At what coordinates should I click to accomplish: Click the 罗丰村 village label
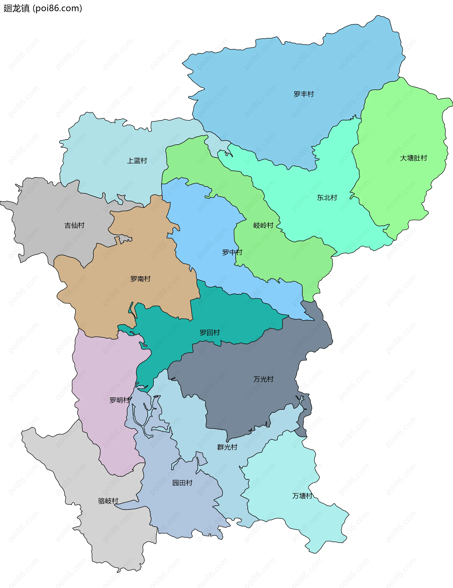tap(304, 94)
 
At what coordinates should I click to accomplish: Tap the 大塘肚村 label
tap(413, 158)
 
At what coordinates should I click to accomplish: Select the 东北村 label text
tap(327, 198)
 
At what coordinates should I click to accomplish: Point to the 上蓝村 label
tap(137, 161)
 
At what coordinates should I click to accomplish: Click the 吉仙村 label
tap(75, 225)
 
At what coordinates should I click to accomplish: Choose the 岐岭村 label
tap(263, 225)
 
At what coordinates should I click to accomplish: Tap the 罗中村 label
tap(232, 252)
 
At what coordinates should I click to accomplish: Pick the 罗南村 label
tap(140, 279)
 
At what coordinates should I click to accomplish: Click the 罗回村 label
tap(210, 332)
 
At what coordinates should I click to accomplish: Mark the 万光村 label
tap(263, 379)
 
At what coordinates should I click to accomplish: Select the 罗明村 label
tap(119, 400)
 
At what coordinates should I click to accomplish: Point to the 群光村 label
tap(227, 447)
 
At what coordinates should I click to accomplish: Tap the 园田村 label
tap(182, 483)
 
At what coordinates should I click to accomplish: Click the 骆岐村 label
tap(108, 501)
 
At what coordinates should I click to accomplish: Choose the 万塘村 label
tap(302, 496)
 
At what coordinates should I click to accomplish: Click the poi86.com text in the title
tap(57, 8)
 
